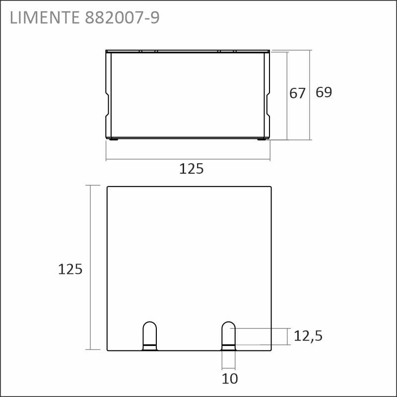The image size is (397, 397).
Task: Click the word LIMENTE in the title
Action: click(45, 18)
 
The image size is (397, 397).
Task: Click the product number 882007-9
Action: click(122, 18)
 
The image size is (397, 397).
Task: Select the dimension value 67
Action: click(297, 93)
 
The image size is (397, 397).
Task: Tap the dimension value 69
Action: click(324, 92)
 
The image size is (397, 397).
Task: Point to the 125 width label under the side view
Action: click(191, 169)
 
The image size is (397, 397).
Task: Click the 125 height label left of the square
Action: click(70, 269)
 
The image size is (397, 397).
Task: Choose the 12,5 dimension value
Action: click(308, 336)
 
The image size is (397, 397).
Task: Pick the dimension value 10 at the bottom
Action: click(230, 379)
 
